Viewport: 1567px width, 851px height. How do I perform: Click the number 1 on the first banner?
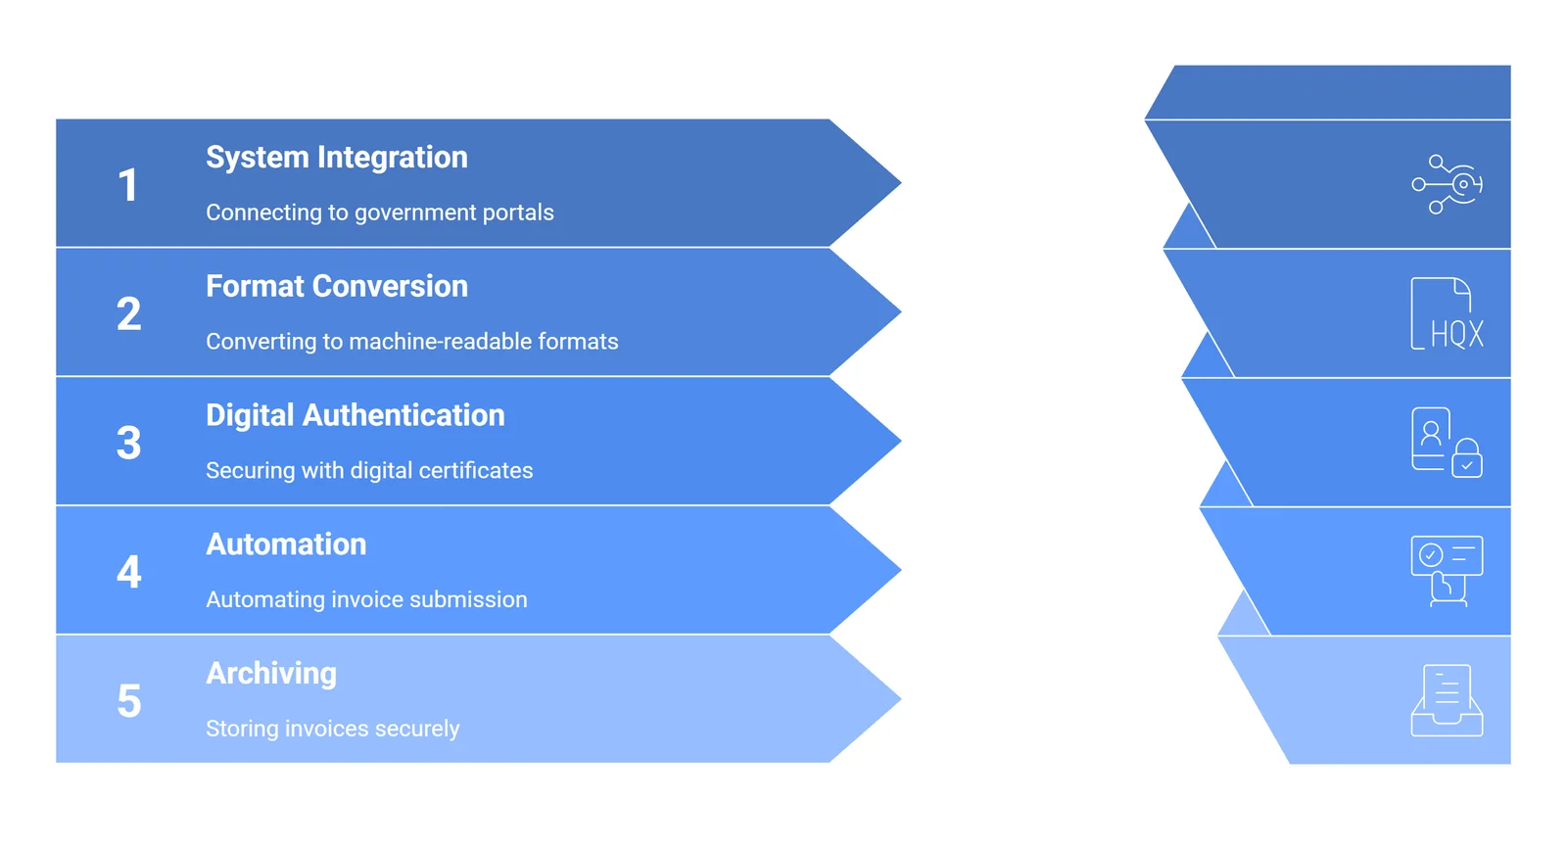coord(128,185)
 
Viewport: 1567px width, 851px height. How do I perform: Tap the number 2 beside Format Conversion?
coord(128,314)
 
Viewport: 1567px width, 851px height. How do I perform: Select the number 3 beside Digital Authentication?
coord(128,443)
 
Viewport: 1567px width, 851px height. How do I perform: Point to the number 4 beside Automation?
coord(128,572)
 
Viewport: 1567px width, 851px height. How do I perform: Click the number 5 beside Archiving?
coord(128,701)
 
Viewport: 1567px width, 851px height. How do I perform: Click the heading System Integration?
coord(336,158)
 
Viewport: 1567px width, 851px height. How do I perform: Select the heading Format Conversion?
coord(336,286)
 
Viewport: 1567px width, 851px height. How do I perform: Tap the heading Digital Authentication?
coord(355,415)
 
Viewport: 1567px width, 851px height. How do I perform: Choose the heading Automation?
coord(286,544)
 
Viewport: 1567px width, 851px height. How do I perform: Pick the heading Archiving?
coord(270,674)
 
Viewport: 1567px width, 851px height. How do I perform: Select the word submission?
coord(474,599)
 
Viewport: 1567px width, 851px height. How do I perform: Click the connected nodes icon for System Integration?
coord(1447,184)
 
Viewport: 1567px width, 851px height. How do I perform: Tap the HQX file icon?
coord(1447,313)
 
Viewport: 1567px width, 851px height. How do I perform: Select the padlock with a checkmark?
coord(1466,458)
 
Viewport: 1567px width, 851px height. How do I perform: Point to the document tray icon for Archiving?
coord(1447,701)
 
